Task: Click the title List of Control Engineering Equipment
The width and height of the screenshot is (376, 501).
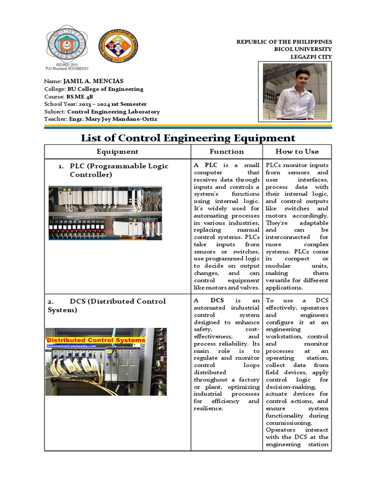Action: (x=188, y=138)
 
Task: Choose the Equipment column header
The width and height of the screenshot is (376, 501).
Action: (x=117, y=152)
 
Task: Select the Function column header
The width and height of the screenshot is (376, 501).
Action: (x=227, y=152)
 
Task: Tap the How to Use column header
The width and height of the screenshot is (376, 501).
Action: (x=297, y=152)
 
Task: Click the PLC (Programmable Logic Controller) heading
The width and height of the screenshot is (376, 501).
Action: (x=119, y=170)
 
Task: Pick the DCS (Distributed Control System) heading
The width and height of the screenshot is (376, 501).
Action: (x=107, y=305)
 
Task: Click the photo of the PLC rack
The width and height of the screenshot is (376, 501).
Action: (x=105, y=213)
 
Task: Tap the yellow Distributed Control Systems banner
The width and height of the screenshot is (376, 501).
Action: (x=96, y=340)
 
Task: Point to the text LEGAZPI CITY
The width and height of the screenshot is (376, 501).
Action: (x=311, y=57)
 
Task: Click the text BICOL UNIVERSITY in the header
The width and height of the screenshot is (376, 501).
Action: (x=303, y=49)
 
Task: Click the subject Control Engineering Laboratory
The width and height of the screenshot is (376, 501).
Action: (x=113, y=112)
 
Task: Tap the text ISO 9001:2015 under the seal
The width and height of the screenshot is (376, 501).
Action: (x=67, y=65)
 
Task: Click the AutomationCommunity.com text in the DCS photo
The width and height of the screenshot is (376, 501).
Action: (x=71, y=346)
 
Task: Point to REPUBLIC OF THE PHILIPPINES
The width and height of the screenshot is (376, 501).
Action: (x=284, y=42)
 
